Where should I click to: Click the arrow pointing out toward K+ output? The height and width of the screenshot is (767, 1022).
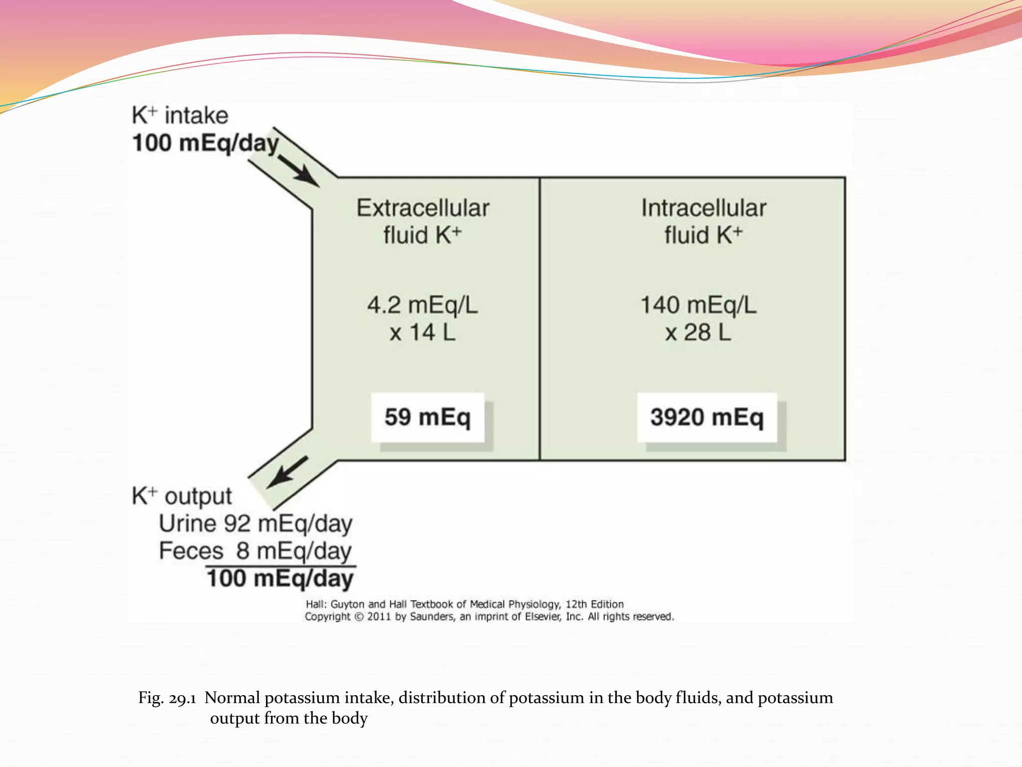(287, 472)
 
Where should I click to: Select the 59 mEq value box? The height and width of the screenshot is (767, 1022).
(428, 417)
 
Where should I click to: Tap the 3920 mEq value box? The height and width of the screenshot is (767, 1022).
(707, 417)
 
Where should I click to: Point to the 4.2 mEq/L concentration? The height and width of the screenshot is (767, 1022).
(423, 305)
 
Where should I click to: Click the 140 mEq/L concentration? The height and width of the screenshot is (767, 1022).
(698, 305)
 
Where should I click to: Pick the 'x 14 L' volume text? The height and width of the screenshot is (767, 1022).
(423, 333)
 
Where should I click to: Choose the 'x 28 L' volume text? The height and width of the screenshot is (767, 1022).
(698, 333)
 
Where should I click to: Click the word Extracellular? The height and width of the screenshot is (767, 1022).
(423, 208)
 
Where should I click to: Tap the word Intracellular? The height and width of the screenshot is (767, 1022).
(704, 208)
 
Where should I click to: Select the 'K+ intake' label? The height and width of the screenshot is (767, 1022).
(180, 116)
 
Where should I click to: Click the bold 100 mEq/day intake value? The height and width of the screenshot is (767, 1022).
(205, 143)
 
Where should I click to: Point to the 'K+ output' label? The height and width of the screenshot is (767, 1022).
(182, 496)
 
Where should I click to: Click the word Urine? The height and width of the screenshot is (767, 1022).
(188, 524)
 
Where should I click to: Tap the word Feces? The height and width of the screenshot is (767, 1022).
(191, 551)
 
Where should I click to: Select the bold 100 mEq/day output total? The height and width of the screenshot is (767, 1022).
(280, 579)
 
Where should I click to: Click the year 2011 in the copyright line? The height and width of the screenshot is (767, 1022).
(379, 617)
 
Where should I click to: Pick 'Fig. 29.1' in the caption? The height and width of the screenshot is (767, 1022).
(167, 698)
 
